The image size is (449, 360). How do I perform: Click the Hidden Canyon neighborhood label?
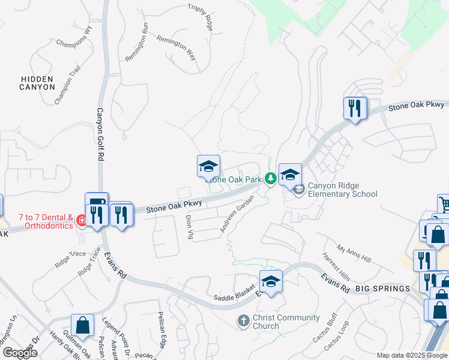pos(37,83)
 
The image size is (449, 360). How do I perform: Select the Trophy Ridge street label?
pos(200,16)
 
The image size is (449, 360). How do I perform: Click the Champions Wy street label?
pos(74,38)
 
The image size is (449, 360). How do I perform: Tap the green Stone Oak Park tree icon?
pos(271,178)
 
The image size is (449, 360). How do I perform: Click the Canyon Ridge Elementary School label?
pos(342,190)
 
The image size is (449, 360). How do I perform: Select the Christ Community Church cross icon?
pos(244,321)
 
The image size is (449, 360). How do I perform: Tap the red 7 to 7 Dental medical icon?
pos(81,222)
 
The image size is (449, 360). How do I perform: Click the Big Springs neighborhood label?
pos(382,289)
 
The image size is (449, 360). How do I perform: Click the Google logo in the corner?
pos(20,353)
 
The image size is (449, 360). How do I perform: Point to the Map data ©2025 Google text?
pos(411,355)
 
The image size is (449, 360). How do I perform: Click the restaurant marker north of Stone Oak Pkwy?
pos(355,108)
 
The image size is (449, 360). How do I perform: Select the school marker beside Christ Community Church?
pos(271,281)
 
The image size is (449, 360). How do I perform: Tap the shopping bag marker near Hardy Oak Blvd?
pos(82,325)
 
